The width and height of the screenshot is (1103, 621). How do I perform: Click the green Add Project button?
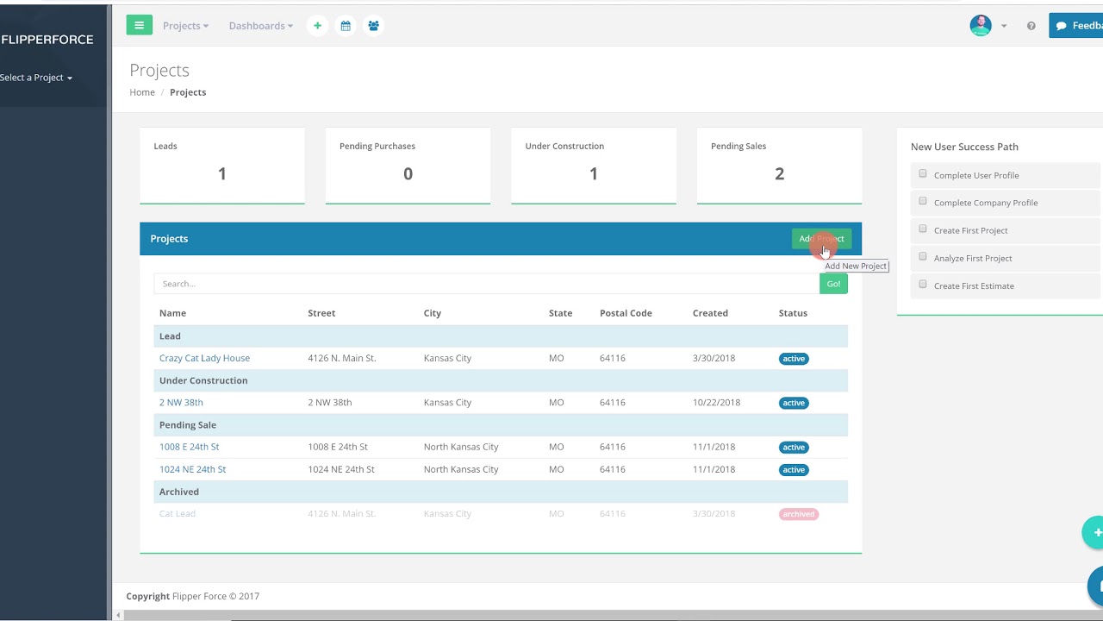(821, 239)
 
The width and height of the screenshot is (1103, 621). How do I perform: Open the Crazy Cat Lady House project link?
(204, 358)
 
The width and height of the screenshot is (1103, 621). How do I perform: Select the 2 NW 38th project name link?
(181, 403)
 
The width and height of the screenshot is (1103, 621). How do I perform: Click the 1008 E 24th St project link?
(189, 447)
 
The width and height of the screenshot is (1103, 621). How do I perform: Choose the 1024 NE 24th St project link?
(192, 469)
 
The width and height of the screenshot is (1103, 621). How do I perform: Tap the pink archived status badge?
(798, 514)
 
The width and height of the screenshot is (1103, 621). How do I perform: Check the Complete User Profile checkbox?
(923, 174)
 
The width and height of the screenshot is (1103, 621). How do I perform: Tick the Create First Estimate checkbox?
(923, 285)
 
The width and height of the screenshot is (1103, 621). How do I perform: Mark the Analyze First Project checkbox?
(923, 257)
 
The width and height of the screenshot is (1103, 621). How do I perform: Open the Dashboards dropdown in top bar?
(260, 26)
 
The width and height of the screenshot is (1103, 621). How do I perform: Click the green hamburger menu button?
(139, 26)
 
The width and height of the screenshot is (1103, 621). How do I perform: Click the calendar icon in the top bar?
(346, 26)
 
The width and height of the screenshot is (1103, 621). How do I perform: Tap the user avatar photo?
(981, 26)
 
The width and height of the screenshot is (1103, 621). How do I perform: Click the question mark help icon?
(1031, 26)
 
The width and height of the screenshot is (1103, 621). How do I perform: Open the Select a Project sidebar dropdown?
(36, 78)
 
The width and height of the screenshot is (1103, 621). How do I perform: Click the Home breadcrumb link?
(142, 92)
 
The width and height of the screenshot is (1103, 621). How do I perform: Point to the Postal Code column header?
(626, 313)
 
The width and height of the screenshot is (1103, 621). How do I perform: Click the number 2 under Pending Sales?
(779, 174)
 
